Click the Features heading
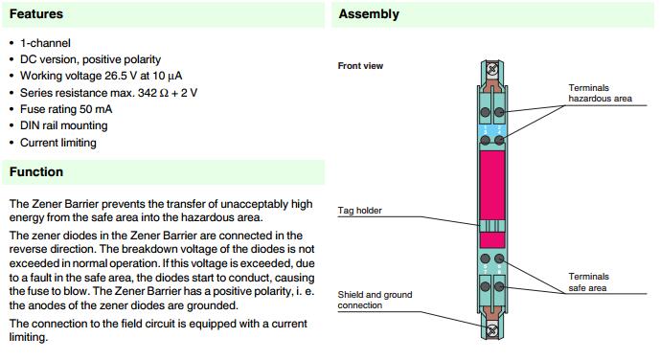[x=36, y=13]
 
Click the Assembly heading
[x=369, y=14]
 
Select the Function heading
[x=36, y=171]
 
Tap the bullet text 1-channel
[x=45, y=43]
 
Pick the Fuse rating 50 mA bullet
[x=66, y=109]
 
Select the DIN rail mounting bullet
[x=63, y=125]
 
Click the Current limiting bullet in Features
[x=58, y=143]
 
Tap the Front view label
[x=360, y=66]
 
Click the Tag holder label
[x=359, y=211]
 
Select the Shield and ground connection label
[x=375, y=300]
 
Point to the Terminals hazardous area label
[x=600, y=93]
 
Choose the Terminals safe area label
[x=588, y=282]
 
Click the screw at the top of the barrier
[x=492, y=69]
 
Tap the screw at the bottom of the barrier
[x=491, y=330]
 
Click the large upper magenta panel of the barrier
[x=492, y=185]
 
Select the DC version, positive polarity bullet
[x=90, y=59]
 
